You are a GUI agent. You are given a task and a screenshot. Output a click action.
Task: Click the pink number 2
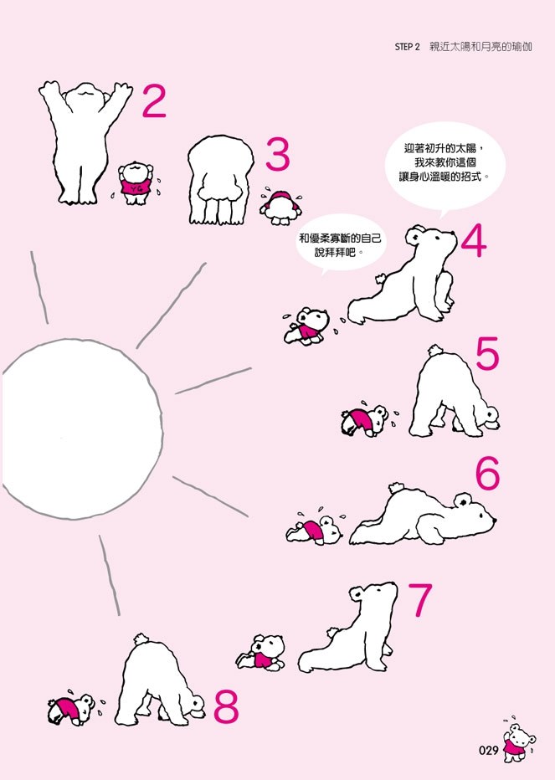(154, 101)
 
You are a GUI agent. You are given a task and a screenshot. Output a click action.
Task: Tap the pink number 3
(278, 154)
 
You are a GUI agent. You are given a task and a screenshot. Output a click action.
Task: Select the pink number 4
(474, 241)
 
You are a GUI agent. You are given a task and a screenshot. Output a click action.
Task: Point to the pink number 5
(487, 353)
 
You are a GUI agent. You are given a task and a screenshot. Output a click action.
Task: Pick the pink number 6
(487, 473)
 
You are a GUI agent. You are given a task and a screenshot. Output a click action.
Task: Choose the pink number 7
(420, 600)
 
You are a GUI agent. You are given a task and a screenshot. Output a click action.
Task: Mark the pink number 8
(227, 707)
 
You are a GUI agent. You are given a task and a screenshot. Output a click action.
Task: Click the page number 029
(489, 750)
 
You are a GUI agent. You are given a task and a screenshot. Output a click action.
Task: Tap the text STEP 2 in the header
(407, 47)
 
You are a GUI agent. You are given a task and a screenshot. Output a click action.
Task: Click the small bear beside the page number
(518, 742)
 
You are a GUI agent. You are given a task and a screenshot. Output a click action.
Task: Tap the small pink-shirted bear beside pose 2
(135, 183)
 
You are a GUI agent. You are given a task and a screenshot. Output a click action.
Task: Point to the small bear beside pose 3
(280, 207)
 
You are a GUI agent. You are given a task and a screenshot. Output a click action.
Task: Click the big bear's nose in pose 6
(493, 520)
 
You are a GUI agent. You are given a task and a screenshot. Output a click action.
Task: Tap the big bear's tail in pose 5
(435, 350)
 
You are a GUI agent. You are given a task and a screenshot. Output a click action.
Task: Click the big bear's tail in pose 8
(141, 639)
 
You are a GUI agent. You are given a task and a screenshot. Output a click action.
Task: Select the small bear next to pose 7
(261, 653)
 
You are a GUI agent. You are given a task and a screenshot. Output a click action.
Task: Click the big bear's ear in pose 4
(414, 235)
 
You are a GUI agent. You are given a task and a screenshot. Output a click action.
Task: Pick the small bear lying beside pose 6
(314, 531)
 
